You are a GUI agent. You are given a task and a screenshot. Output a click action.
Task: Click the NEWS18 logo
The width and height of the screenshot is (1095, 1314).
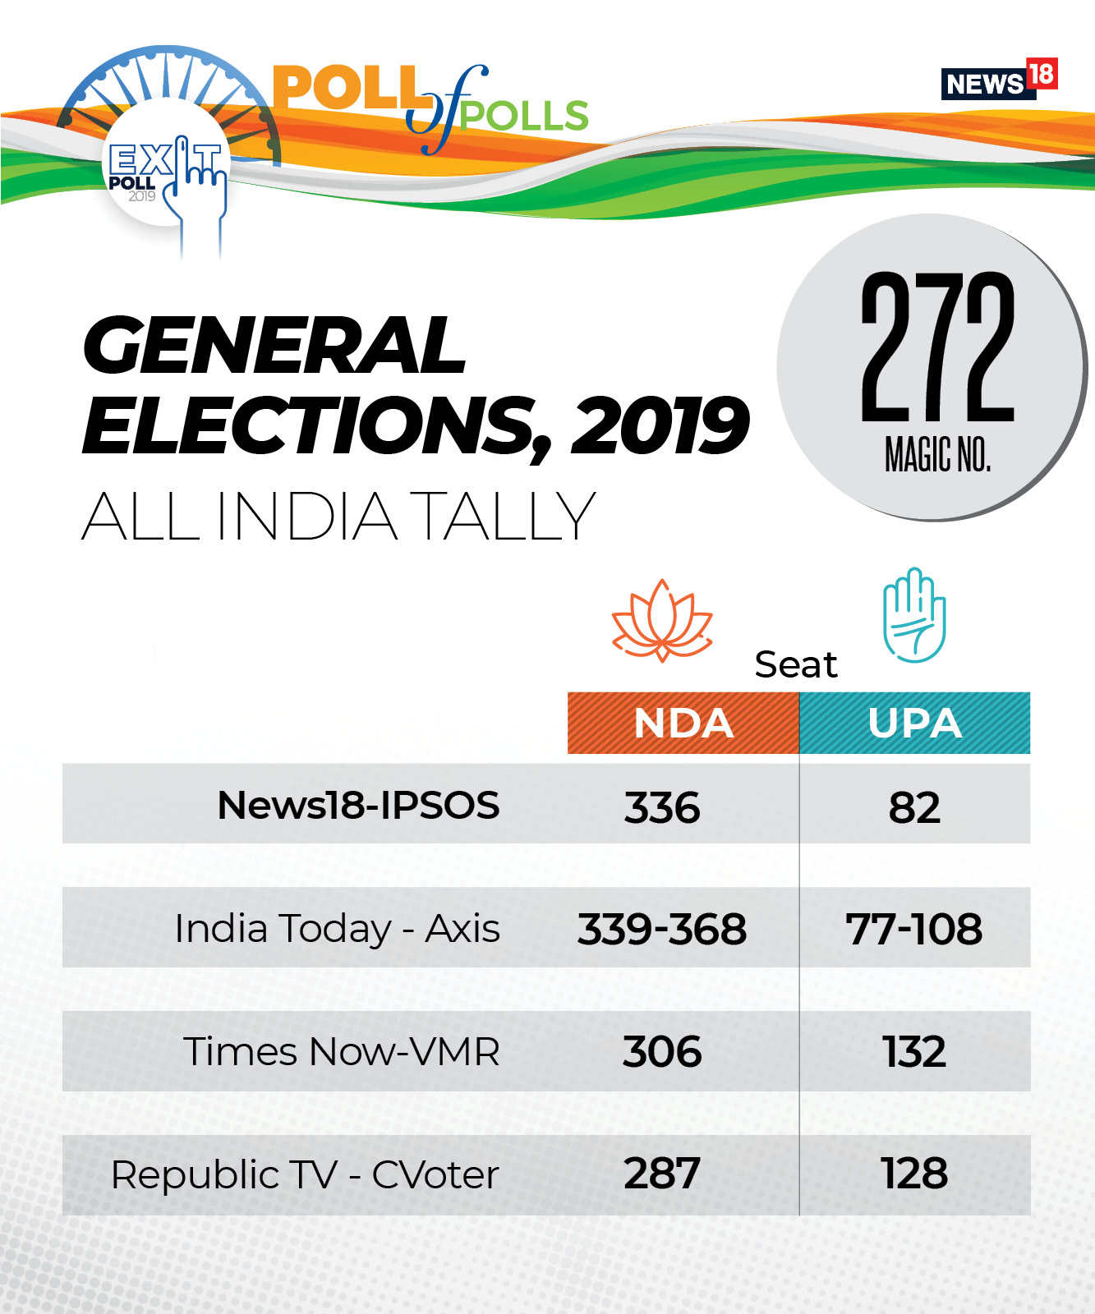998,80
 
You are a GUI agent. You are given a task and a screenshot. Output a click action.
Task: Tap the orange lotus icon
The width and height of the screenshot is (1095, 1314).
662,621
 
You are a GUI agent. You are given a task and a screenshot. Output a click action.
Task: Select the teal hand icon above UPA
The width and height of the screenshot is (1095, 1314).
914,615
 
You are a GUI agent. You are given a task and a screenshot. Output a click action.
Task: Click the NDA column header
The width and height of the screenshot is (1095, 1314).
683,724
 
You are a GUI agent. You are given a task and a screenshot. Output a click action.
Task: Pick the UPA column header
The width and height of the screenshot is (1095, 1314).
914,724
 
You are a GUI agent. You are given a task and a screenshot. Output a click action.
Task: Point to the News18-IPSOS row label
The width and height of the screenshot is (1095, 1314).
358,805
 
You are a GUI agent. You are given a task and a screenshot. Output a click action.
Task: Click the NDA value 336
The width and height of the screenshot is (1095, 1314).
662,807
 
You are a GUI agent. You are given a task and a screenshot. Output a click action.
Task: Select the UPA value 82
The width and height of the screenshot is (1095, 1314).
914,807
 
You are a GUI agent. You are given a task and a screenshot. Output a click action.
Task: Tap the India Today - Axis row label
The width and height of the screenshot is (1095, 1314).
337,929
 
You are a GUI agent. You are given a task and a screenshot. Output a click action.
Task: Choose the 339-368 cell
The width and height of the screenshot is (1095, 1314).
662,929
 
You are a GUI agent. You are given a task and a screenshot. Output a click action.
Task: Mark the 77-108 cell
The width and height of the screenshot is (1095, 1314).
914,929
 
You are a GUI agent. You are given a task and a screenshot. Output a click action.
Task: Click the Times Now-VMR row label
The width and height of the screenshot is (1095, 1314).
341,1052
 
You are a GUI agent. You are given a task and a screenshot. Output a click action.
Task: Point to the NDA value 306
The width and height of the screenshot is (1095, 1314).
662,1052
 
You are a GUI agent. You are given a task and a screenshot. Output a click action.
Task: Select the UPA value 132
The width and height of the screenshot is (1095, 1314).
914,1052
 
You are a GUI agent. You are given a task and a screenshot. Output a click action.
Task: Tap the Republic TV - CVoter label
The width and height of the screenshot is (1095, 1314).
305,1175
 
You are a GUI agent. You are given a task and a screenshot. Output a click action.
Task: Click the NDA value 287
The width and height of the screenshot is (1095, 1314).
662,1174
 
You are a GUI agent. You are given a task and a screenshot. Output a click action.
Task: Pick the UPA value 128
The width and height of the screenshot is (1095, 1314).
914,1174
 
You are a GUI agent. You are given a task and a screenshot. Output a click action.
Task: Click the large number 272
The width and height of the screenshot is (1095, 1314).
937,348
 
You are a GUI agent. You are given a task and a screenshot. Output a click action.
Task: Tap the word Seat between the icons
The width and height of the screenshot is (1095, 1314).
796,664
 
